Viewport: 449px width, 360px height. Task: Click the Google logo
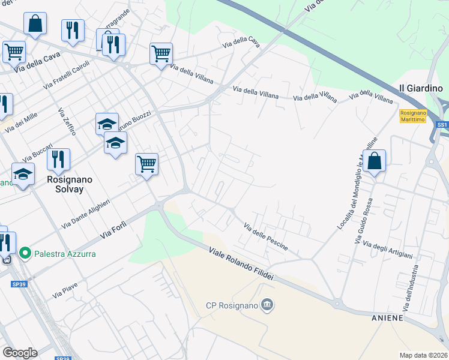click(20, 353)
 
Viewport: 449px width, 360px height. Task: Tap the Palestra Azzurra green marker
click(25, 254)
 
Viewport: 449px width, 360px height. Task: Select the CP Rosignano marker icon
click(268, 305)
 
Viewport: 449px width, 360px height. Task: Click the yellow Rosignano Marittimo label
click(413, 116)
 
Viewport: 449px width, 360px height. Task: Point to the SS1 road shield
click(442, 124)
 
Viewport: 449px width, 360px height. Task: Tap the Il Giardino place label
click(420, 88)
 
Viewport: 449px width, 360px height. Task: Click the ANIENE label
click(388, 317)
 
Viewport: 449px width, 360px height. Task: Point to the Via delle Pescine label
click(265, 236)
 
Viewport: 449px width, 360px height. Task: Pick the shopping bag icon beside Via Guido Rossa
click(374, 161)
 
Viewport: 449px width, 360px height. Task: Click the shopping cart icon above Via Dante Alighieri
click(146, 163)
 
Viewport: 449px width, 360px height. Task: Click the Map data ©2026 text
click(423, 355)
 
